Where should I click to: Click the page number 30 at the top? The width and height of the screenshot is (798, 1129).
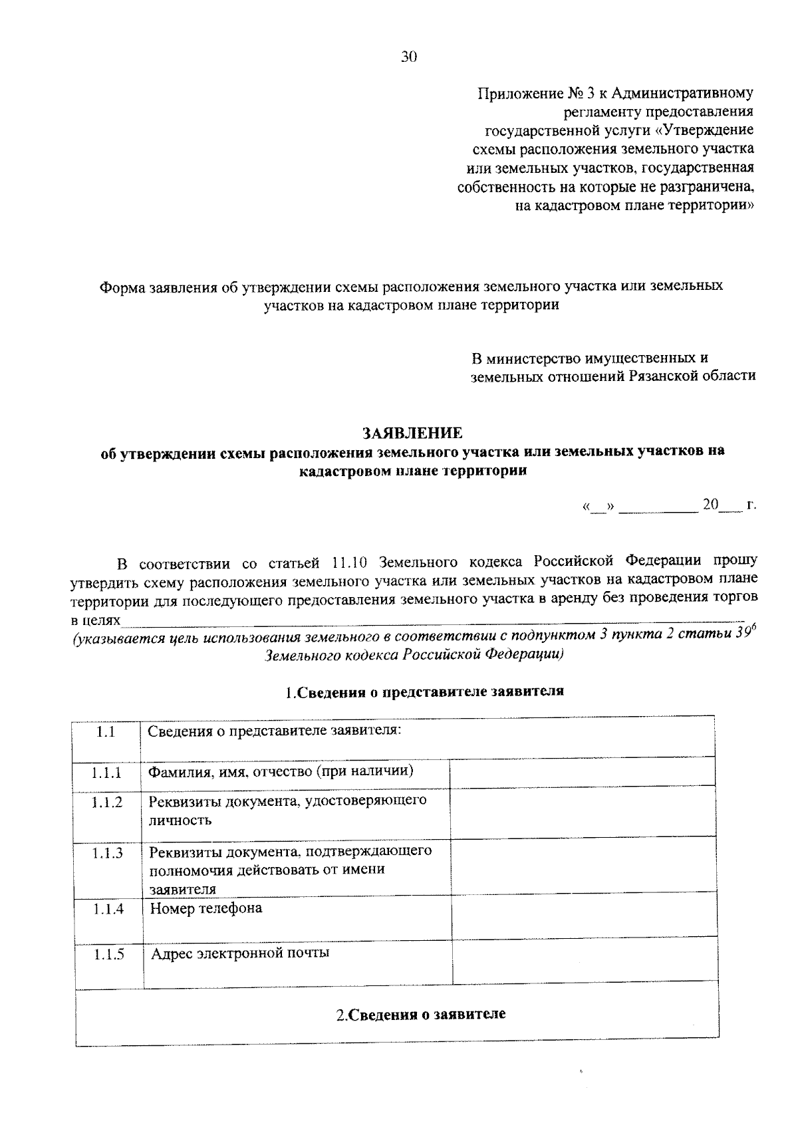coord(408,57)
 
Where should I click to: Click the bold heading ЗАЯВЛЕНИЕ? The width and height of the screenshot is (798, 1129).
coord(412,434)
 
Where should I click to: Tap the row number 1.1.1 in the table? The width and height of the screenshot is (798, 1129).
coord(107,773)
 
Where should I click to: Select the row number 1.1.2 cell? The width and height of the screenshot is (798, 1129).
coord(108,803)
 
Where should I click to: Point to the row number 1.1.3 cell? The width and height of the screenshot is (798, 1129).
coord(108,853)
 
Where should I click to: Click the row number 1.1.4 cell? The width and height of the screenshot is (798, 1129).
coord(108,908)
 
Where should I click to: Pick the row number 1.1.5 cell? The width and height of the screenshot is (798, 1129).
coord(109,955)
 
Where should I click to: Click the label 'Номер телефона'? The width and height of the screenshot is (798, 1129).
coord(206,908)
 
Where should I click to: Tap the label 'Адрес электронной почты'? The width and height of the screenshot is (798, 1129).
coord(240,953)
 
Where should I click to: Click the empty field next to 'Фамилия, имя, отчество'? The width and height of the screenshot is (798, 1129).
coord(583,773)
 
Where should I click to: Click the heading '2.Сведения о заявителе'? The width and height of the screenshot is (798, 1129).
coord(420,1015)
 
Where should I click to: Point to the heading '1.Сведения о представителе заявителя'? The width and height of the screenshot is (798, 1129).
coord(425,691)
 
